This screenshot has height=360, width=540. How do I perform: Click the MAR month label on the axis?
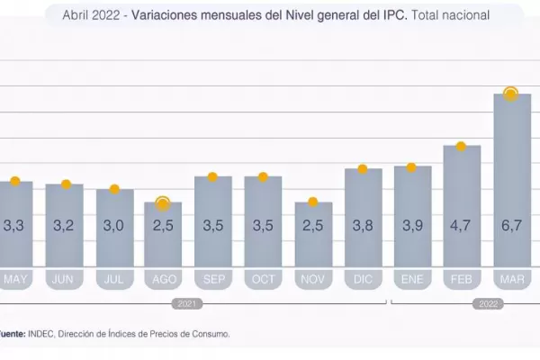pyautogui.click(x=511, y=280)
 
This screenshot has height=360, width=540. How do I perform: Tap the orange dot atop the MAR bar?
pyautogui.click(x=510, y=94)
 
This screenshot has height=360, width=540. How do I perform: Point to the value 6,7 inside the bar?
pyautogui.click(x=511, y=227)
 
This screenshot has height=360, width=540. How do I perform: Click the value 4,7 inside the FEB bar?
pyautogui.click(x=461, y=227)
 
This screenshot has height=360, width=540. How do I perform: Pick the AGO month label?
pyautogui.click(x=164, y=280)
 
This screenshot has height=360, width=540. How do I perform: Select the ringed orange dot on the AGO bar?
pyautogui.click(x=163, y=203)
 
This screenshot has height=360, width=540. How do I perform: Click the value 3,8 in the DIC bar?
pyautogui.click(x=363, y=227)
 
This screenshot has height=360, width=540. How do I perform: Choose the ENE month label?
pyautogui.click(x=412, y=280)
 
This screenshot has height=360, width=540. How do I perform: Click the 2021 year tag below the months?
pyautogui.click(x=186, y=304)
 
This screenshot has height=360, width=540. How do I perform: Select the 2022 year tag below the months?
pyautogui.click(x=487, y=304)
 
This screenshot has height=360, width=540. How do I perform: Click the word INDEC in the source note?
pyautogui.click(x=39, y=334)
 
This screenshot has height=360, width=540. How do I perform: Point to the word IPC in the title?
pyautogui.click(x=392, y=15)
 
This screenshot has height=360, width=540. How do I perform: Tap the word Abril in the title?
pyautogui.click(x=77, y=15)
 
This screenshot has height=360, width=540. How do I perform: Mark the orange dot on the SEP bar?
pyautogui.click(x=213, y=176)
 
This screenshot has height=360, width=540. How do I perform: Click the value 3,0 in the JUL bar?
pyautogui.click(x=114, y=227)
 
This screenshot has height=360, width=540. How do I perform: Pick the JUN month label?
pyautogui.click(x=65, y=280)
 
